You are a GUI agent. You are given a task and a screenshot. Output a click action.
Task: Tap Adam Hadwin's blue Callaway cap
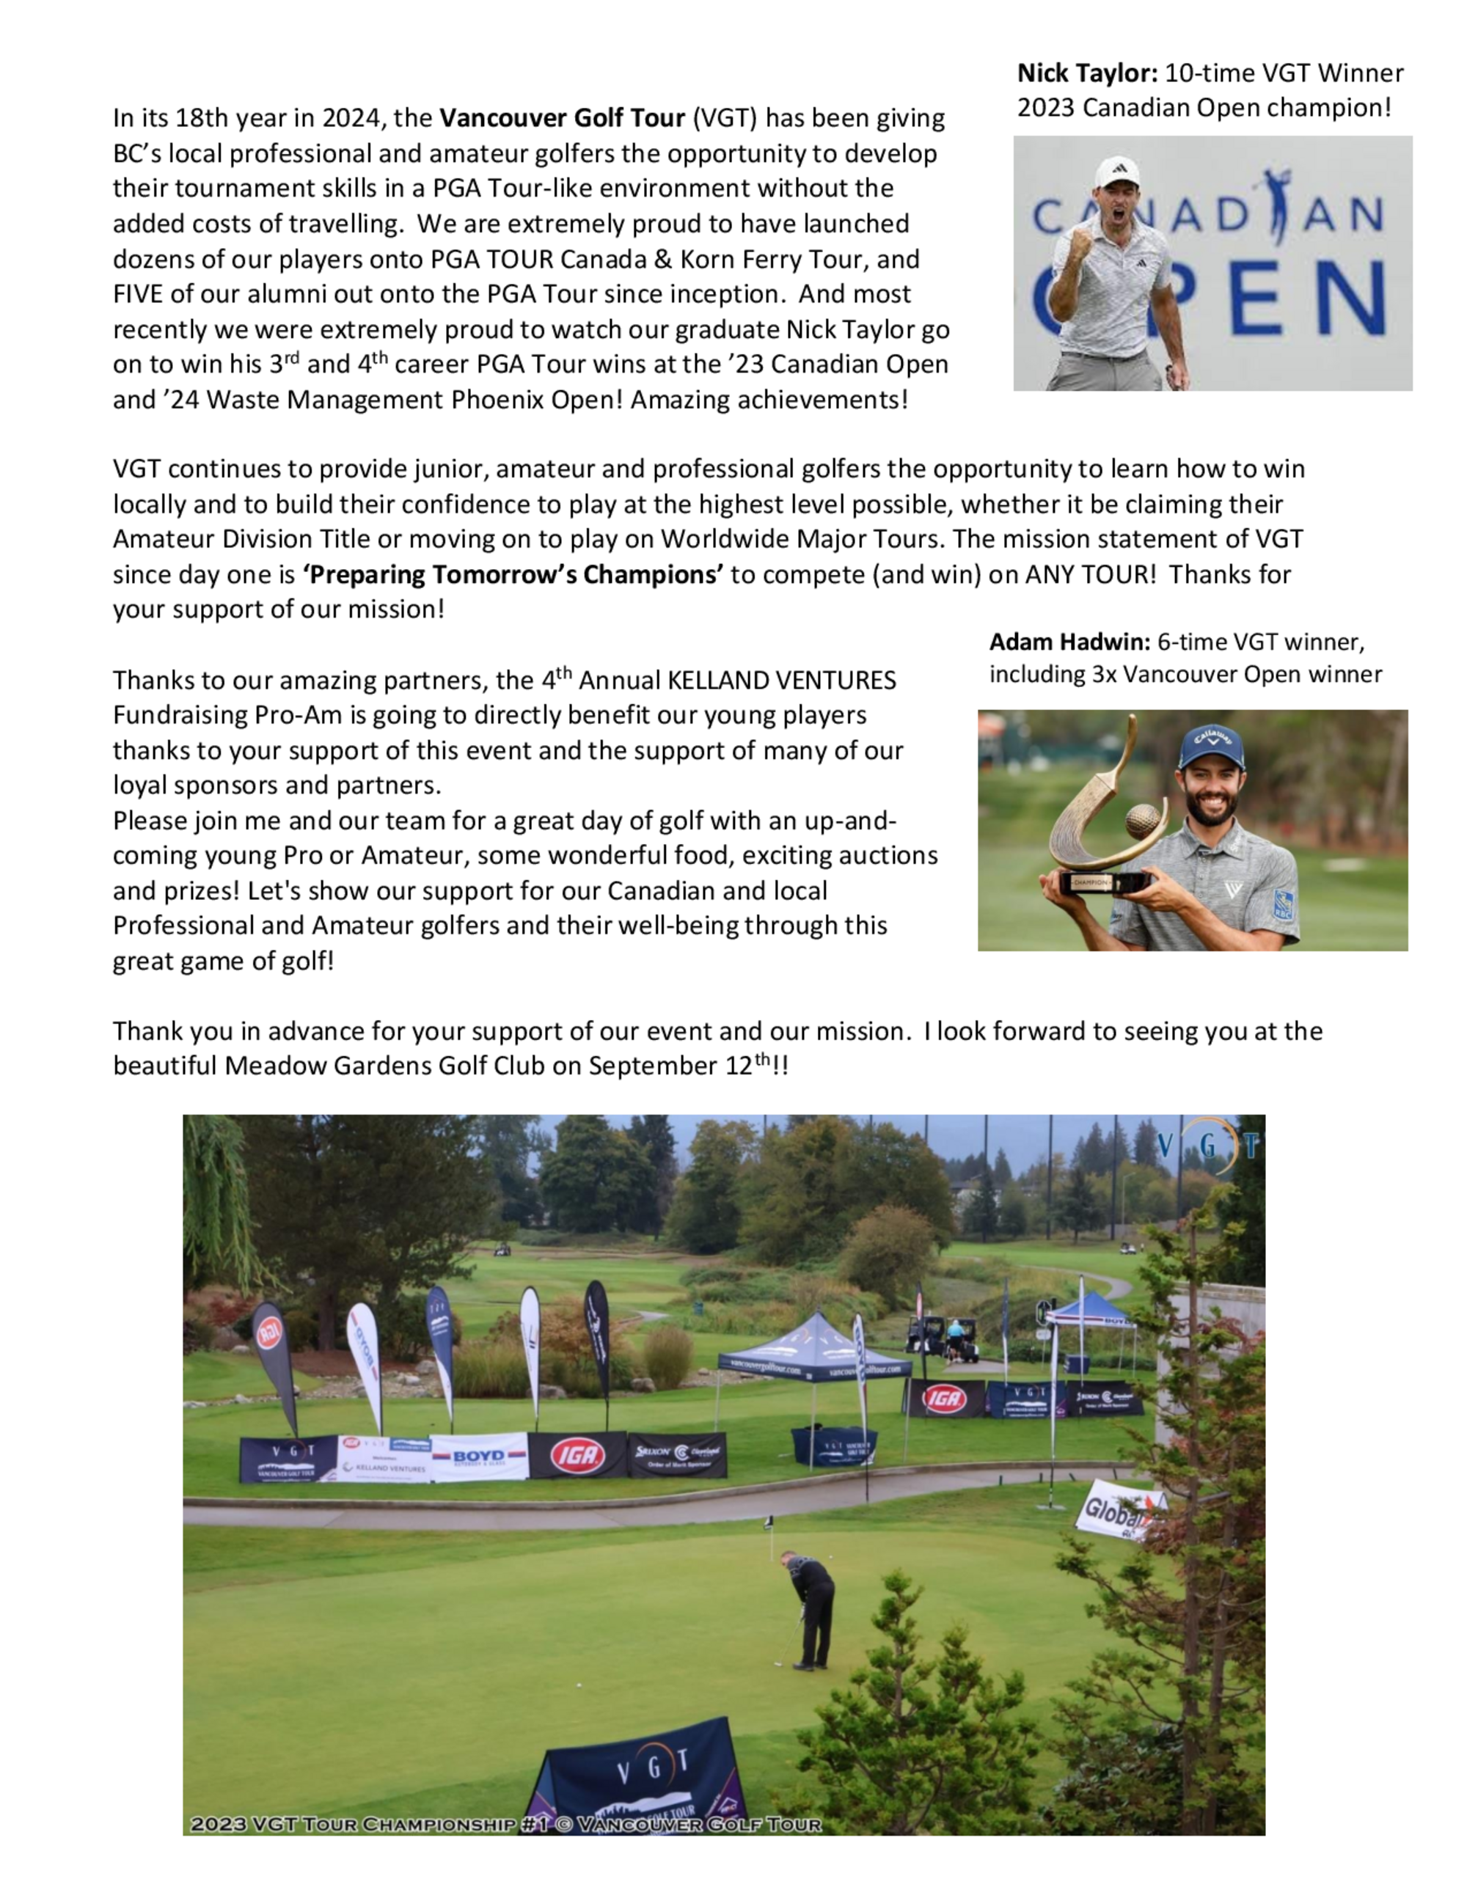1212,746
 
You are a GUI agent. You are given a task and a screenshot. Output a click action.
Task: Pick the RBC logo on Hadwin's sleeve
1283,904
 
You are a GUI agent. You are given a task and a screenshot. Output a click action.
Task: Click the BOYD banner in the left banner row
479,1456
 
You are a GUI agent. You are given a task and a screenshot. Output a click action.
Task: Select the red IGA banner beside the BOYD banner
577,1454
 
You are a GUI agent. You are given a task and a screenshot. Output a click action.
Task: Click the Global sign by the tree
1117,1513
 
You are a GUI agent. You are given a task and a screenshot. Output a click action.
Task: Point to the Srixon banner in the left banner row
677,1454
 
